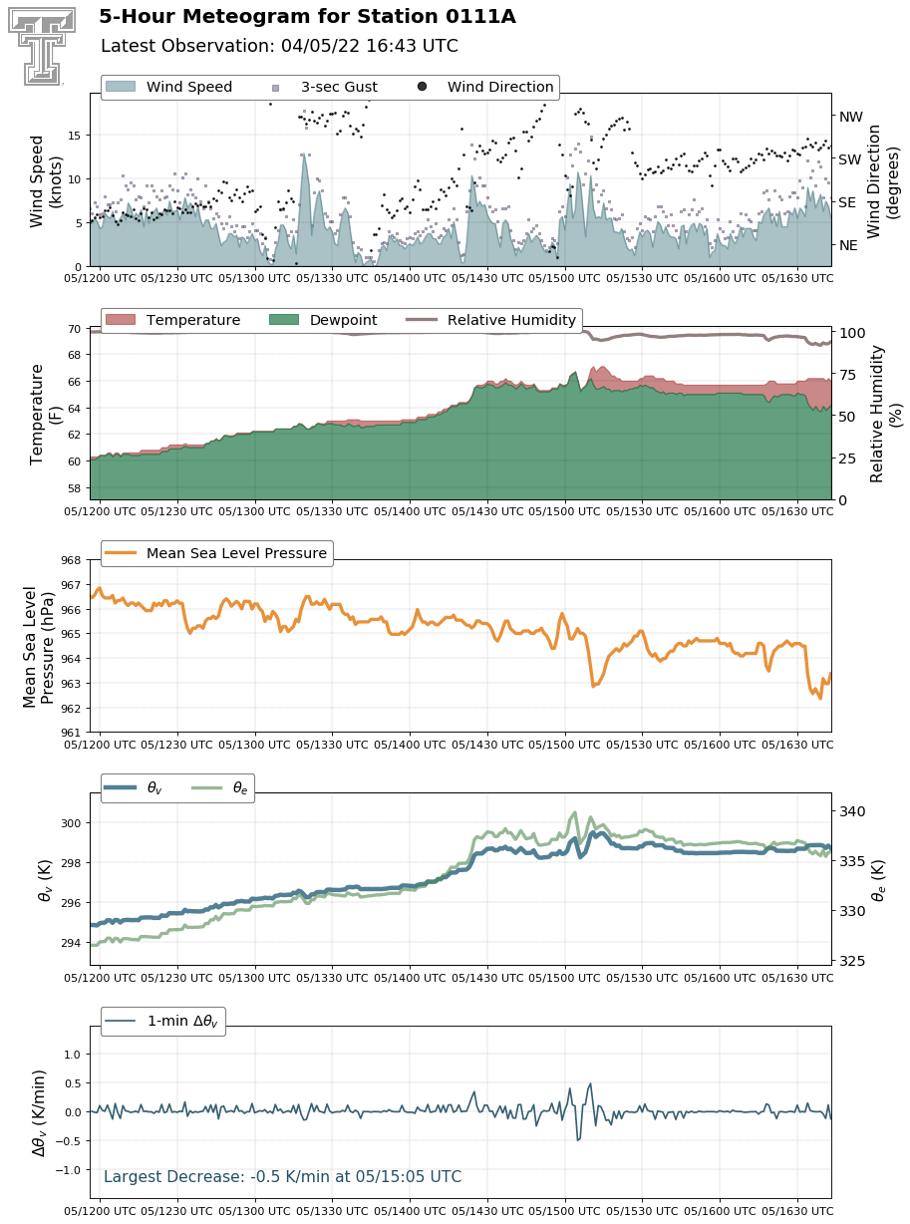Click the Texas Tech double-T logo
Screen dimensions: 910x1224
[42, 46]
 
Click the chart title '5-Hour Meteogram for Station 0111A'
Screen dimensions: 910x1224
[307, 17]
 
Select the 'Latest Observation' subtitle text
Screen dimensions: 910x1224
[279, 46]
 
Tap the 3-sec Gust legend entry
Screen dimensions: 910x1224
[325, 87]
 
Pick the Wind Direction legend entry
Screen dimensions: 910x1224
[485, 87]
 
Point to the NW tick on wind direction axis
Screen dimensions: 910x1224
[850, 117]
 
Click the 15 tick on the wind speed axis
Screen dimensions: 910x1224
[74, 136]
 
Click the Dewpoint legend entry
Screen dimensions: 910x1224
[323, 320]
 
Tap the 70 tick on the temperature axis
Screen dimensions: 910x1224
[74, 330]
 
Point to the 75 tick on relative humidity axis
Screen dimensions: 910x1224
[848, 375]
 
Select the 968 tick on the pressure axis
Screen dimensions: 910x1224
[71, 560]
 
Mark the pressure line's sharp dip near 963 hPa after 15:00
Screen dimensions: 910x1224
[593, 686]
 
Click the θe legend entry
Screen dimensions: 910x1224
[219, 787]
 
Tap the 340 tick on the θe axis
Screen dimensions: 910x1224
[852, 811]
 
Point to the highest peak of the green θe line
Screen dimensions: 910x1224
[575, 812]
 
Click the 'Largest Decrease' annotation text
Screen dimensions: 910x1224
[282, 1176]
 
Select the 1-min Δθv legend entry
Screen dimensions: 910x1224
[163, 1021]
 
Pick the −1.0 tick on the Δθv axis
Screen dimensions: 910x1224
[69, 1170]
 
